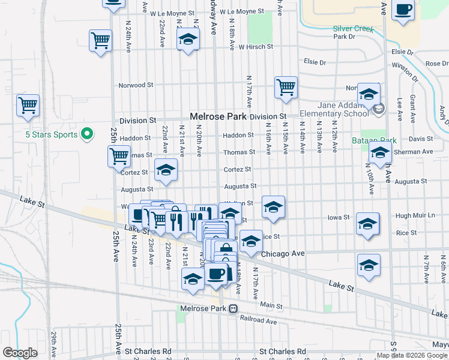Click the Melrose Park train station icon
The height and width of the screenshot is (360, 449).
tap(233, 308)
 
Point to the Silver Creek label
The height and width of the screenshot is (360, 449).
tap(354, 29)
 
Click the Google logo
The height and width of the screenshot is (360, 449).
tap(19, 353)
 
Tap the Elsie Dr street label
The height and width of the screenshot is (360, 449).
tap(315, 61)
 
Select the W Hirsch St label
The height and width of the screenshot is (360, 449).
tap(256, 46)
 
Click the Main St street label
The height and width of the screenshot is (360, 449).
tap(271, 306)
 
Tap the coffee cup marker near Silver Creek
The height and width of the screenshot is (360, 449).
tap(403, 10)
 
